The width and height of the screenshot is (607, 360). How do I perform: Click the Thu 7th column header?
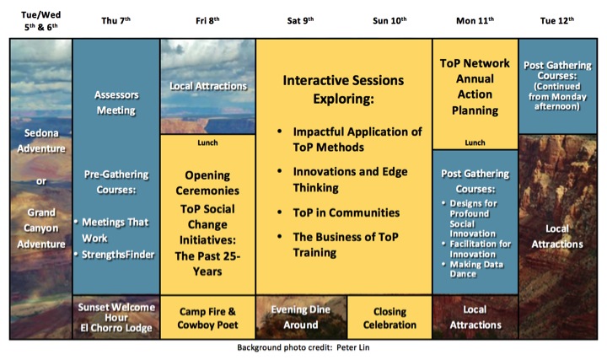pyautogui.click(x=115, y=20)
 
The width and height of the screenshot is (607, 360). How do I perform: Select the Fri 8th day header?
pyautogui.click(x=207, y=20)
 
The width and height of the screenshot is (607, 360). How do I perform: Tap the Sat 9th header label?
pyautogui.click(x=300, y=20)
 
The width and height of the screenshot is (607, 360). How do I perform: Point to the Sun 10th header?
pyautogui.click(x=389, y=20)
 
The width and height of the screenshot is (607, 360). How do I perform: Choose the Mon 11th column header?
pyautogui.click(x=475, y=20)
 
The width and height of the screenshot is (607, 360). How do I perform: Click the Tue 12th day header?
pyautogui.click(x=557, y=20)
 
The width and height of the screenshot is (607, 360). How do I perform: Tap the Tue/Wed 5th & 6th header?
pyautogui.click(x=41, y=20)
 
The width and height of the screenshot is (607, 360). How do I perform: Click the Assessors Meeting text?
pyautogui.click(x=116, y=103)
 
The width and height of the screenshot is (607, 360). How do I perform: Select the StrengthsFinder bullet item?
pyautogui.click(x=118, y=255)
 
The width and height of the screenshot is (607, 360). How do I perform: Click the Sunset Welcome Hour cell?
pyautogui.click(x=116, y=317)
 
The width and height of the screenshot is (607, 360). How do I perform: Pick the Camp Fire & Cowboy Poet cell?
pyautogui.click(x=207, y=317)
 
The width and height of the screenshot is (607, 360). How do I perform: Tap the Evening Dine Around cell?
pyautogui.click(x=301, y=317)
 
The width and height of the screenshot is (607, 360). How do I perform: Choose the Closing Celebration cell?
pyautogui.click(x=389, y=317)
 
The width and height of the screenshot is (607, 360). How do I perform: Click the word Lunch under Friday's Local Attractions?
pyautogui.click(x=207, y=142)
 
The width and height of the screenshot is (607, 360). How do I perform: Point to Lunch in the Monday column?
pyautogui.click(x=475, y=142)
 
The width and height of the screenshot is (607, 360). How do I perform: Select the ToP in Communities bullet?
pyautogui.click(x=346, y=212)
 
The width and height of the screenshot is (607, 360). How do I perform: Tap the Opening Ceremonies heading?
pyautogui.click(x=207, y=183)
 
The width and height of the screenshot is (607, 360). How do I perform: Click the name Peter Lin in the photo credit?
pyautogui.click(x=352, y=347)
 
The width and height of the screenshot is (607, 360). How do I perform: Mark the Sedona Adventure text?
pyautogui.click(x=41, y=141)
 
